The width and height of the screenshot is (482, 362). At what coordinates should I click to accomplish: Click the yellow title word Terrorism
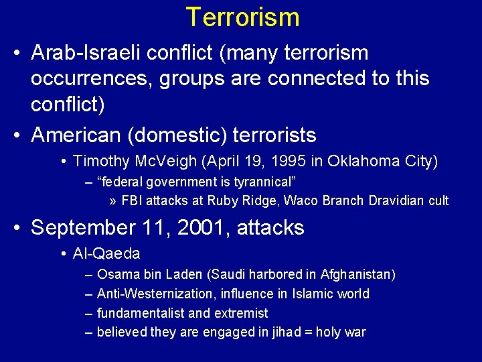[x=242, y=17]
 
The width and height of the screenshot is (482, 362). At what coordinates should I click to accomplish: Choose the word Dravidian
[x=394, y=201]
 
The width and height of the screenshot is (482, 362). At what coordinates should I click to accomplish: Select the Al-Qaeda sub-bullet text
[x=106, y=254]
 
